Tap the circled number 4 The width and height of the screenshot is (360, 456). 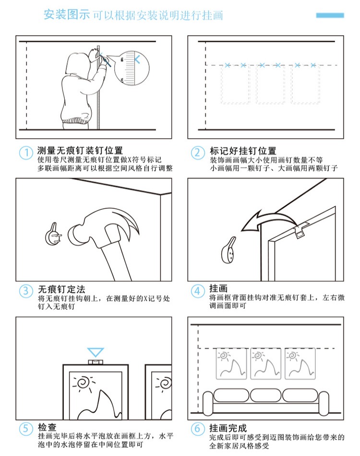pyautogui.click(x=197, y=291)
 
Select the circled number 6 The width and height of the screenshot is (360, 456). pyautogui.click(x=197, y=429)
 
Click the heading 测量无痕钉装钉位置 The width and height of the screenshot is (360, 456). pyautogui.click(x=80, y=151)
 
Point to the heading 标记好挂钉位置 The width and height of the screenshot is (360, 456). pyautogui.click(x=243, y=151)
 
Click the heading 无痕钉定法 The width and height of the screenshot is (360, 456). pyautogui.click(x=61, y=289)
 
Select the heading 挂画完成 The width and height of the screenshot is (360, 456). pyautogui.click(x=228, y=428)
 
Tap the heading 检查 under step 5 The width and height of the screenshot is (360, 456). pyautogui.click(x=47, y=427)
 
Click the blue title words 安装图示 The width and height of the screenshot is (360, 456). pyautogui.click(x=67, y=14)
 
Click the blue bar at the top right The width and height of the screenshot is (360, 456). pyautogui.click(x=330, y=15)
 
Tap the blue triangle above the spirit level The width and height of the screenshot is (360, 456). pyautogui.click(x=96, y=352)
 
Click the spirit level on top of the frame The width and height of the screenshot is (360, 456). pyautogui.click(x=96, y=362)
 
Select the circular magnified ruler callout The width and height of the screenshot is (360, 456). pyautogui.click(x=132, y=68)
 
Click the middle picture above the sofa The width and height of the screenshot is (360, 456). pyautogui.click(x=265, y=363)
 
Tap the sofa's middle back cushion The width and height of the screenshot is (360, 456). pyautogui.click(x=265, y=396)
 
